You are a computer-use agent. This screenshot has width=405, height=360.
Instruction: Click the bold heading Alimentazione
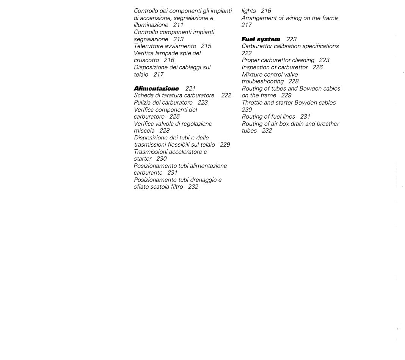[x=156, y=89]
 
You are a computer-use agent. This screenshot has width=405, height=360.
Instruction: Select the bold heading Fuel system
[x=261, y=39]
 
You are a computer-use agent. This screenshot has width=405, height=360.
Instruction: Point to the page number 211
[x=178, y=25]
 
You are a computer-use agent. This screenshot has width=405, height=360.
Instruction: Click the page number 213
[x=178, y=39]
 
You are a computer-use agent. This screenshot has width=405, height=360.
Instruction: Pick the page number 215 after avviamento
[x=206, y=46]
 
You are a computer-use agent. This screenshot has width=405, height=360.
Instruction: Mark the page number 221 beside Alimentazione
[x=190, y=89]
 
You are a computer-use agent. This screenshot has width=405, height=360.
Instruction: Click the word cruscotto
[x=146, y=60]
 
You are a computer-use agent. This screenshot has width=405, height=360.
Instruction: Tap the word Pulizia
[x=142, y=103]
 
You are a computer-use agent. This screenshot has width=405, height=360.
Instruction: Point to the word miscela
[x=144, y=131]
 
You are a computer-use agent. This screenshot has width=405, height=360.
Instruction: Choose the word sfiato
[x=142, y=187]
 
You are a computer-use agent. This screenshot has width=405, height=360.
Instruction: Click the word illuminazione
[x=151, y=25]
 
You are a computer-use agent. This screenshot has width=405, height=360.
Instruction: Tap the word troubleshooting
[x=262, y=81]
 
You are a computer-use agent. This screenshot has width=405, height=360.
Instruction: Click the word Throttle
[x=252, y=103]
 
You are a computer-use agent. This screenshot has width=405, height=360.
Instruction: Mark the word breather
[x=327, y=124]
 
